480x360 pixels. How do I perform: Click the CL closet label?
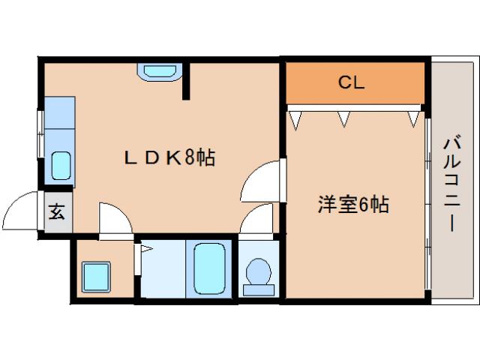pyautogui.click(x=350, y=83)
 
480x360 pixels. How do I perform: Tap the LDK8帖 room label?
pyautogui.click(x=170, y=157)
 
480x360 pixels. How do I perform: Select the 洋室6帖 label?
pyautogui.click(x=352, y=205)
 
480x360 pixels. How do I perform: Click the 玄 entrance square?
pyautogui.click(x=57, y=211)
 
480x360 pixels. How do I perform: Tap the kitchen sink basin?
pyautogui.click(x=61, y=164)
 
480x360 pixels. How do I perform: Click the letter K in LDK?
pyautogui.click(x=171, y=157)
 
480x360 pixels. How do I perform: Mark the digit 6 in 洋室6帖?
pyautogui.click(x=363, y=205)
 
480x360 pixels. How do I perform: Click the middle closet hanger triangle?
pyautogui.click(x=343, y=117)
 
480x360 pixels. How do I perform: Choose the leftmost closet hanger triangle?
pyautogui.click(x=296, y=117)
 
